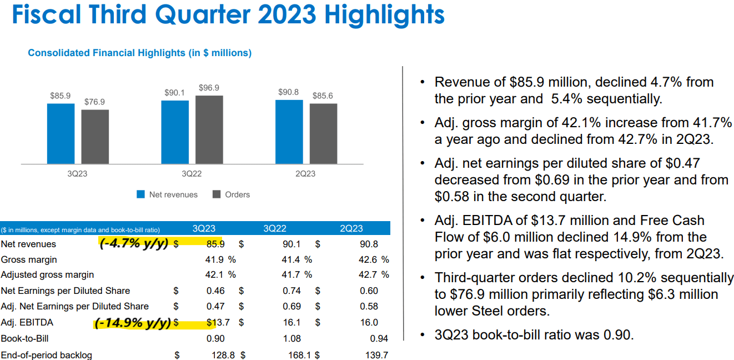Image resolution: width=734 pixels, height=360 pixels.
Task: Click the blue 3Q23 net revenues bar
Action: (61, 133)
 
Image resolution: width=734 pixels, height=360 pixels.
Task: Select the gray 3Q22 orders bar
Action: (209, 129)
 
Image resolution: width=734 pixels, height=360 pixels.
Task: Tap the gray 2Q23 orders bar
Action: (323, 133)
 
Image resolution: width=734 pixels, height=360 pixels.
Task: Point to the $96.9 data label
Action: (209, 88)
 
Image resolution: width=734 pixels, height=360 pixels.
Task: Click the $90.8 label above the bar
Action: (289, 92)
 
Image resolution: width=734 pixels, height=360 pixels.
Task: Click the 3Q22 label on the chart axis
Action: (192, 174)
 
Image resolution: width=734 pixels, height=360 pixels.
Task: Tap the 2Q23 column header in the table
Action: (351, 228)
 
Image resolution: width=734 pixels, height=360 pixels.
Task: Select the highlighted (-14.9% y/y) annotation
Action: (132, 323)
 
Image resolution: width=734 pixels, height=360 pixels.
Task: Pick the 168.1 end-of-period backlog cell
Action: (291, 355)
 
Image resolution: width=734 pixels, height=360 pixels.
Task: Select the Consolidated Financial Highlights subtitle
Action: (139, 53)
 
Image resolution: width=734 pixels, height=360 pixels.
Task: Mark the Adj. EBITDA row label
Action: (27, 322)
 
